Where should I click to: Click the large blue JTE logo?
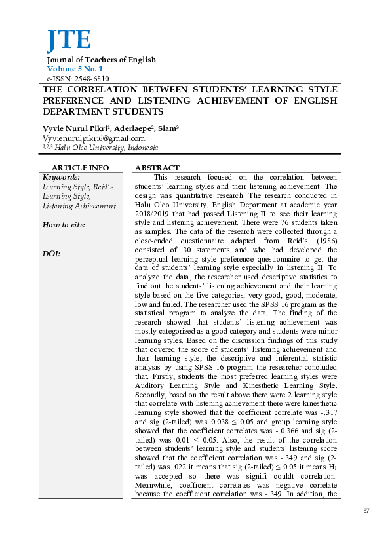pyautogui.click(x=68, y=41)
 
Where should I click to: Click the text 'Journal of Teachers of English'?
pyautogui.click(x=101, y=60)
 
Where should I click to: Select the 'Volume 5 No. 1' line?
pyautogui.click(x=75, y=69)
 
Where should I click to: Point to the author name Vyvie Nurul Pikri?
pyautogui.click(x=75, y=128)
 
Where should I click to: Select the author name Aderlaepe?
pyautogui.click(x=135, y=128)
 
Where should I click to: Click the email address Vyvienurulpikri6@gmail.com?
pyautogui.click(x=94, y=138)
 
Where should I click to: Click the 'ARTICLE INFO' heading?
pyautogui.click(x=81, y=168)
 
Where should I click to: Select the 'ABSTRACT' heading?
pyautogui.click(x=157, y=168)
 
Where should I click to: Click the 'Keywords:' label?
pyautogui.click(x=62, y=177)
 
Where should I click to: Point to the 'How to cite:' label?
pyautogui.click(x=64, y=225)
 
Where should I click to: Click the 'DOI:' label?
pyautogui.click(x=52, y=253)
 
